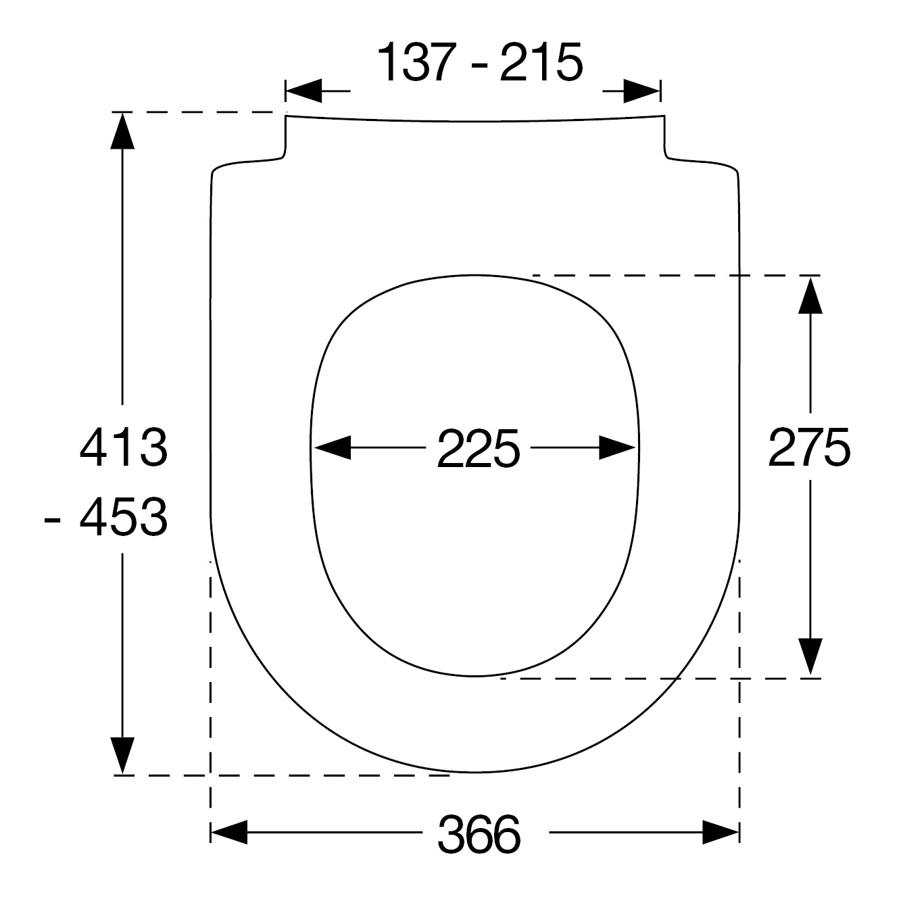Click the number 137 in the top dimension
tap(416, 62)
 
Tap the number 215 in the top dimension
tap(541, 62)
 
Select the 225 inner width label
tap(478, 448)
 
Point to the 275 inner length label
tap(809, 447)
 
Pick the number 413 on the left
tap(124, 447)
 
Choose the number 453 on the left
tap(124, 518)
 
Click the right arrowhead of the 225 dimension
tap(617, 447)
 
